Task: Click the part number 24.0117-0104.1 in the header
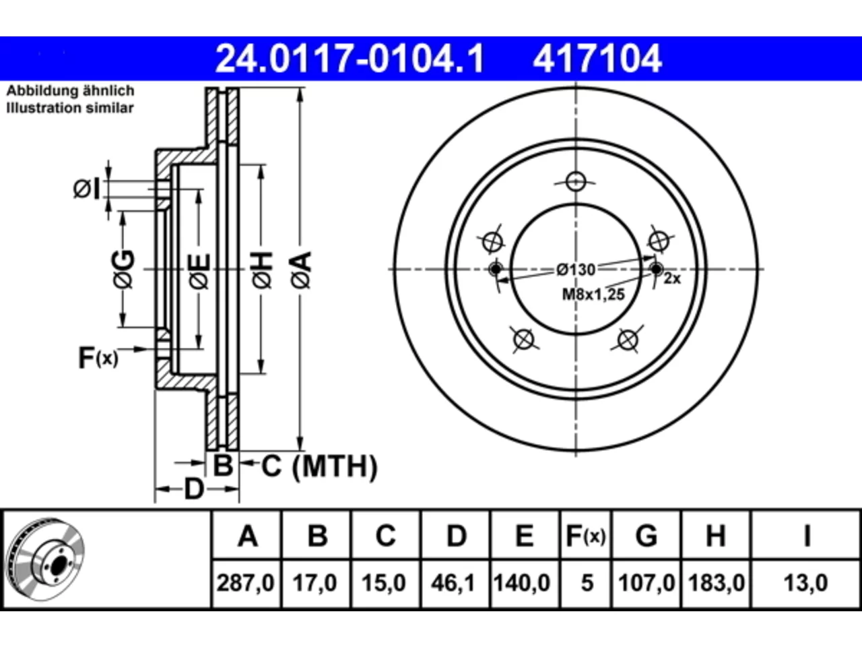(x=350, y=59)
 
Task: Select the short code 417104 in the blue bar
(x=597, y=59)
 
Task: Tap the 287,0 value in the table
(x=245, y=582)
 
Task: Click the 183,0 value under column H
(x=717, y=582)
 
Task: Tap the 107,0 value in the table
(x=646, y=582)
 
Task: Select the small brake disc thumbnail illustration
(x=46, y=559)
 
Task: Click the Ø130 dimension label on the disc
(x=576, y=270)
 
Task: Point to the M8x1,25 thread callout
(x=593, y=295)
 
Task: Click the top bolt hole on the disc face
(x=576, y=182)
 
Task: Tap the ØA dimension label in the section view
(x=302, y=270)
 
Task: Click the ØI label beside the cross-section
(x=86, y=189)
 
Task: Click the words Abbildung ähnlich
(x=71, y=91)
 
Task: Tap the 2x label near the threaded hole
(x=672, y=278)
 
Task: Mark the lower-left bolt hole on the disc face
(x=524, y=339)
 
